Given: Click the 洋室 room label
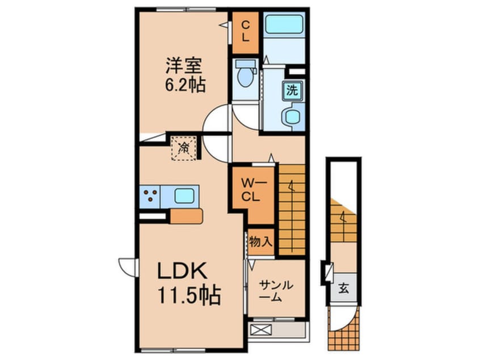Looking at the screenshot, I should click(182, 66).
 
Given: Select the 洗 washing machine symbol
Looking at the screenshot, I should click(292, 90).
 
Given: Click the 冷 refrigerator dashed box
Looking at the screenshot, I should click(184, 148).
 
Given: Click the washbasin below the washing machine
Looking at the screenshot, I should click(292, 116).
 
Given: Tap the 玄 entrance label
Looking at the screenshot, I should click(344, 288).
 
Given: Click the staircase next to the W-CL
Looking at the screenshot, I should click(292, 208).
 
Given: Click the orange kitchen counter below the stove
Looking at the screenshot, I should click(186, 216).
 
